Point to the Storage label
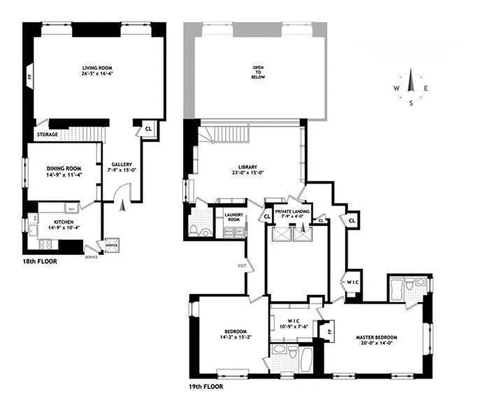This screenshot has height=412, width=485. click(47, 135)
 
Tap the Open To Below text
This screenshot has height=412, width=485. click(258, 72)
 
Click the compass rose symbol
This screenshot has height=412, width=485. click(411, 88)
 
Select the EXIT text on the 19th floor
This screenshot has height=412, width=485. click(242, 266)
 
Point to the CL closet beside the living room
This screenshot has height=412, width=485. click(148, 128)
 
